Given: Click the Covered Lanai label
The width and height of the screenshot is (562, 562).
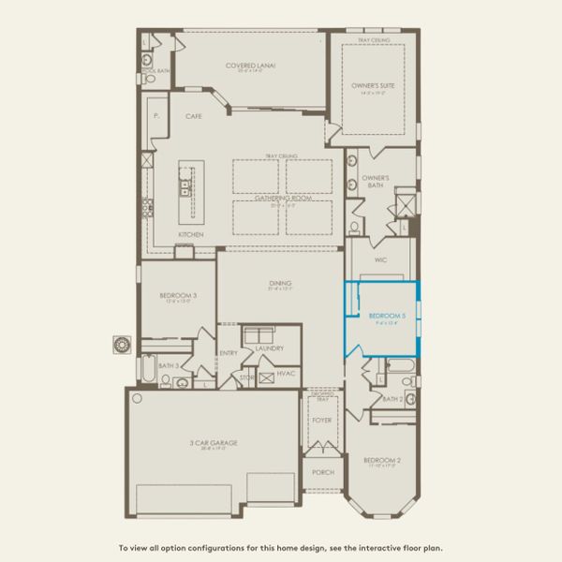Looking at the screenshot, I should pos(250,66).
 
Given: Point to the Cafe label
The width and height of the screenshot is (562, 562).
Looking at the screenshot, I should pos(194,116).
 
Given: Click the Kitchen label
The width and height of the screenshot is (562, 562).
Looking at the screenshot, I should pos(191,234).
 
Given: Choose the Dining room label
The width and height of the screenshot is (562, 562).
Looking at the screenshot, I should pos(278,282).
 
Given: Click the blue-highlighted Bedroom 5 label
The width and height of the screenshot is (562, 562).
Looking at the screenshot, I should pos(386,316).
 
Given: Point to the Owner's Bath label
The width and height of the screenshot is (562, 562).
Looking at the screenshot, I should pos(376,181).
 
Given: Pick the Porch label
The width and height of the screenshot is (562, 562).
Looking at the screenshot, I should pos(321,472).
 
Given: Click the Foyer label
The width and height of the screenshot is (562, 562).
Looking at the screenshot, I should pos(321,421).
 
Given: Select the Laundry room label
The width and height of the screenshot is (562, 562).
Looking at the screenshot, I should pos(269,348).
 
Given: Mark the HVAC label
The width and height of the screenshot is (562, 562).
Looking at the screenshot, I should pos(288,373).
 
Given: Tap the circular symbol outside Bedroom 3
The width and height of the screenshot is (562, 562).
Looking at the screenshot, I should pos(121,344).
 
